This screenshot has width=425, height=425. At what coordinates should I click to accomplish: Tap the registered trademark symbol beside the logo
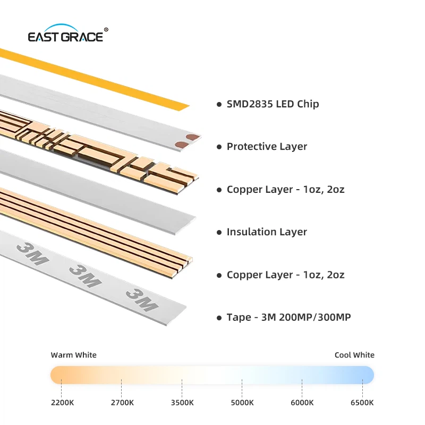coord(106,30)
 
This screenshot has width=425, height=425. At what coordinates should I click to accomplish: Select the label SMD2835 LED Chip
coord(273,104)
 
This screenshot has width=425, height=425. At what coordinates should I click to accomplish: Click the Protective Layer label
coord(267,147)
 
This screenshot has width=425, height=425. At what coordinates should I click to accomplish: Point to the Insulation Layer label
coord(267,232)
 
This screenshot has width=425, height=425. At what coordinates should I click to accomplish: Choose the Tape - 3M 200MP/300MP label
coord(288,317)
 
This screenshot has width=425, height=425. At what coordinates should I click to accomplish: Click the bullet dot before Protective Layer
coord(219,147)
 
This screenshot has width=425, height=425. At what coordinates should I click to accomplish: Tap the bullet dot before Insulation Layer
coord(219,232)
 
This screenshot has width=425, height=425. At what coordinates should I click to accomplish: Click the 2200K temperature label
coord(62,403)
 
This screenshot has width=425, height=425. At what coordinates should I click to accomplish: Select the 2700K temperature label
coord(122,403)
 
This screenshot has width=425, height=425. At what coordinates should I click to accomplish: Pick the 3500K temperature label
coord(182,403)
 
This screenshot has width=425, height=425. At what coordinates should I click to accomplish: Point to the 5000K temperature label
coord(242,403)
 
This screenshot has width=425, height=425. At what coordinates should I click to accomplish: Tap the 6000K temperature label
coord(302,403)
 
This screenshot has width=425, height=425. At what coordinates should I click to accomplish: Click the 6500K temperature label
coord(362,403)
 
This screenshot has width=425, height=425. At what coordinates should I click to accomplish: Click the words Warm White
coord(73,355)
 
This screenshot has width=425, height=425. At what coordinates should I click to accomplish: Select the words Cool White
coord(354,355)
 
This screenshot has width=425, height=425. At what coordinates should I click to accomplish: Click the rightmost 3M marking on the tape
coord(142,300)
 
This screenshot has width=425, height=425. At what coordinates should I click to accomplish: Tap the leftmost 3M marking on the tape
coord(32,254)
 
